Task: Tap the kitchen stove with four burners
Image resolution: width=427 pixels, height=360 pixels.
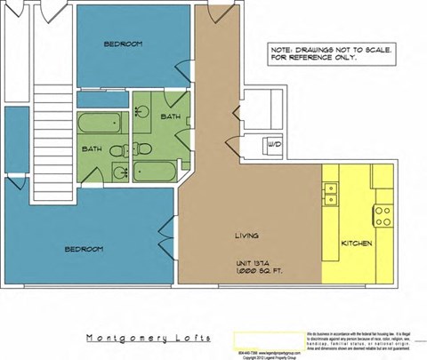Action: point(383,213)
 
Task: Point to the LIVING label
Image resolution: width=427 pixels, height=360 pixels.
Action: point(246,236)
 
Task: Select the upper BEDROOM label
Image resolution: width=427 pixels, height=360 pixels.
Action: point(122,44)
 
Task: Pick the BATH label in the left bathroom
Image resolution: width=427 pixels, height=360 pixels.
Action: point(92,149)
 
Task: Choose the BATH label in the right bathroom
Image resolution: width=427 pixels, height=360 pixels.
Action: point(170,117)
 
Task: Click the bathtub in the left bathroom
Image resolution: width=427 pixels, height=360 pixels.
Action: point(93,124)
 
